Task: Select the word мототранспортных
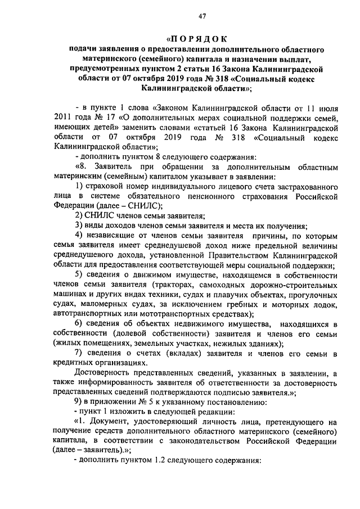[x=184, y=314]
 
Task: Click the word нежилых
[x=210, y=343]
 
